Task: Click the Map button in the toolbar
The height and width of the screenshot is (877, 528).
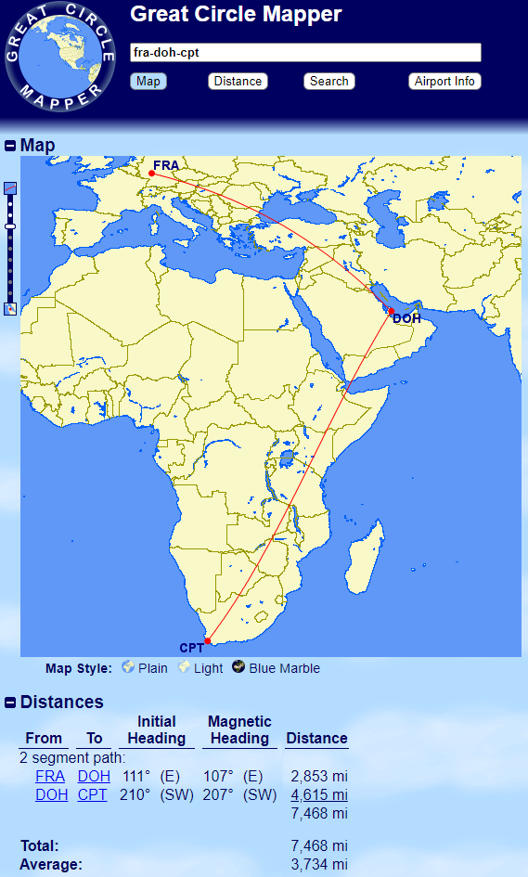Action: pyautogui.click(x=148, y=82)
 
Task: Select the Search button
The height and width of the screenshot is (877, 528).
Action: pyautogui.click(x=328, y=82)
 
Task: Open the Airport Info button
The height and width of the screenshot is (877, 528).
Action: pyautogui.click(x=444, y=82)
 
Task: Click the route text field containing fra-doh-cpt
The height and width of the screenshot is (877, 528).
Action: pyautogui.click(x=305, y=53)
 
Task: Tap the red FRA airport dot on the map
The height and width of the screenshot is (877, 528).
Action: pyautogui.click(x=151, y=173)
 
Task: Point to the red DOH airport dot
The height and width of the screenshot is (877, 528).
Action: pyautogui.click(x=392, y=311)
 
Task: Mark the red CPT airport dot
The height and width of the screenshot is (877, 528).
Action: pyautogui.click(x=208, y=640)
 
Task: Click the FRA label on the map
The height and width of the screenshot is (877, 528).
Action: pyautogui.click(x=166, y=165)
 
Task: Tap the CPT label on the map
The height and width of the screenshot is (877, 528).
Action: pyautogui.click(x=191, y=648)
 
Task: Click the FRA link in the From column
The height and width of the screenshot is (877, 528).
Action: pyautogui.click(x=50, y=776)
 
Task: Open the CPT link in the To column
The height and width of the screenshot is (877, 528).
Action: pyautogui.click(x=92, y=794)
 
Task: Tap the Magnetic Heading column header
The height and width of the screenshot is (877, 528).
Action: pyautogui.click(x=239, y=730)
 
